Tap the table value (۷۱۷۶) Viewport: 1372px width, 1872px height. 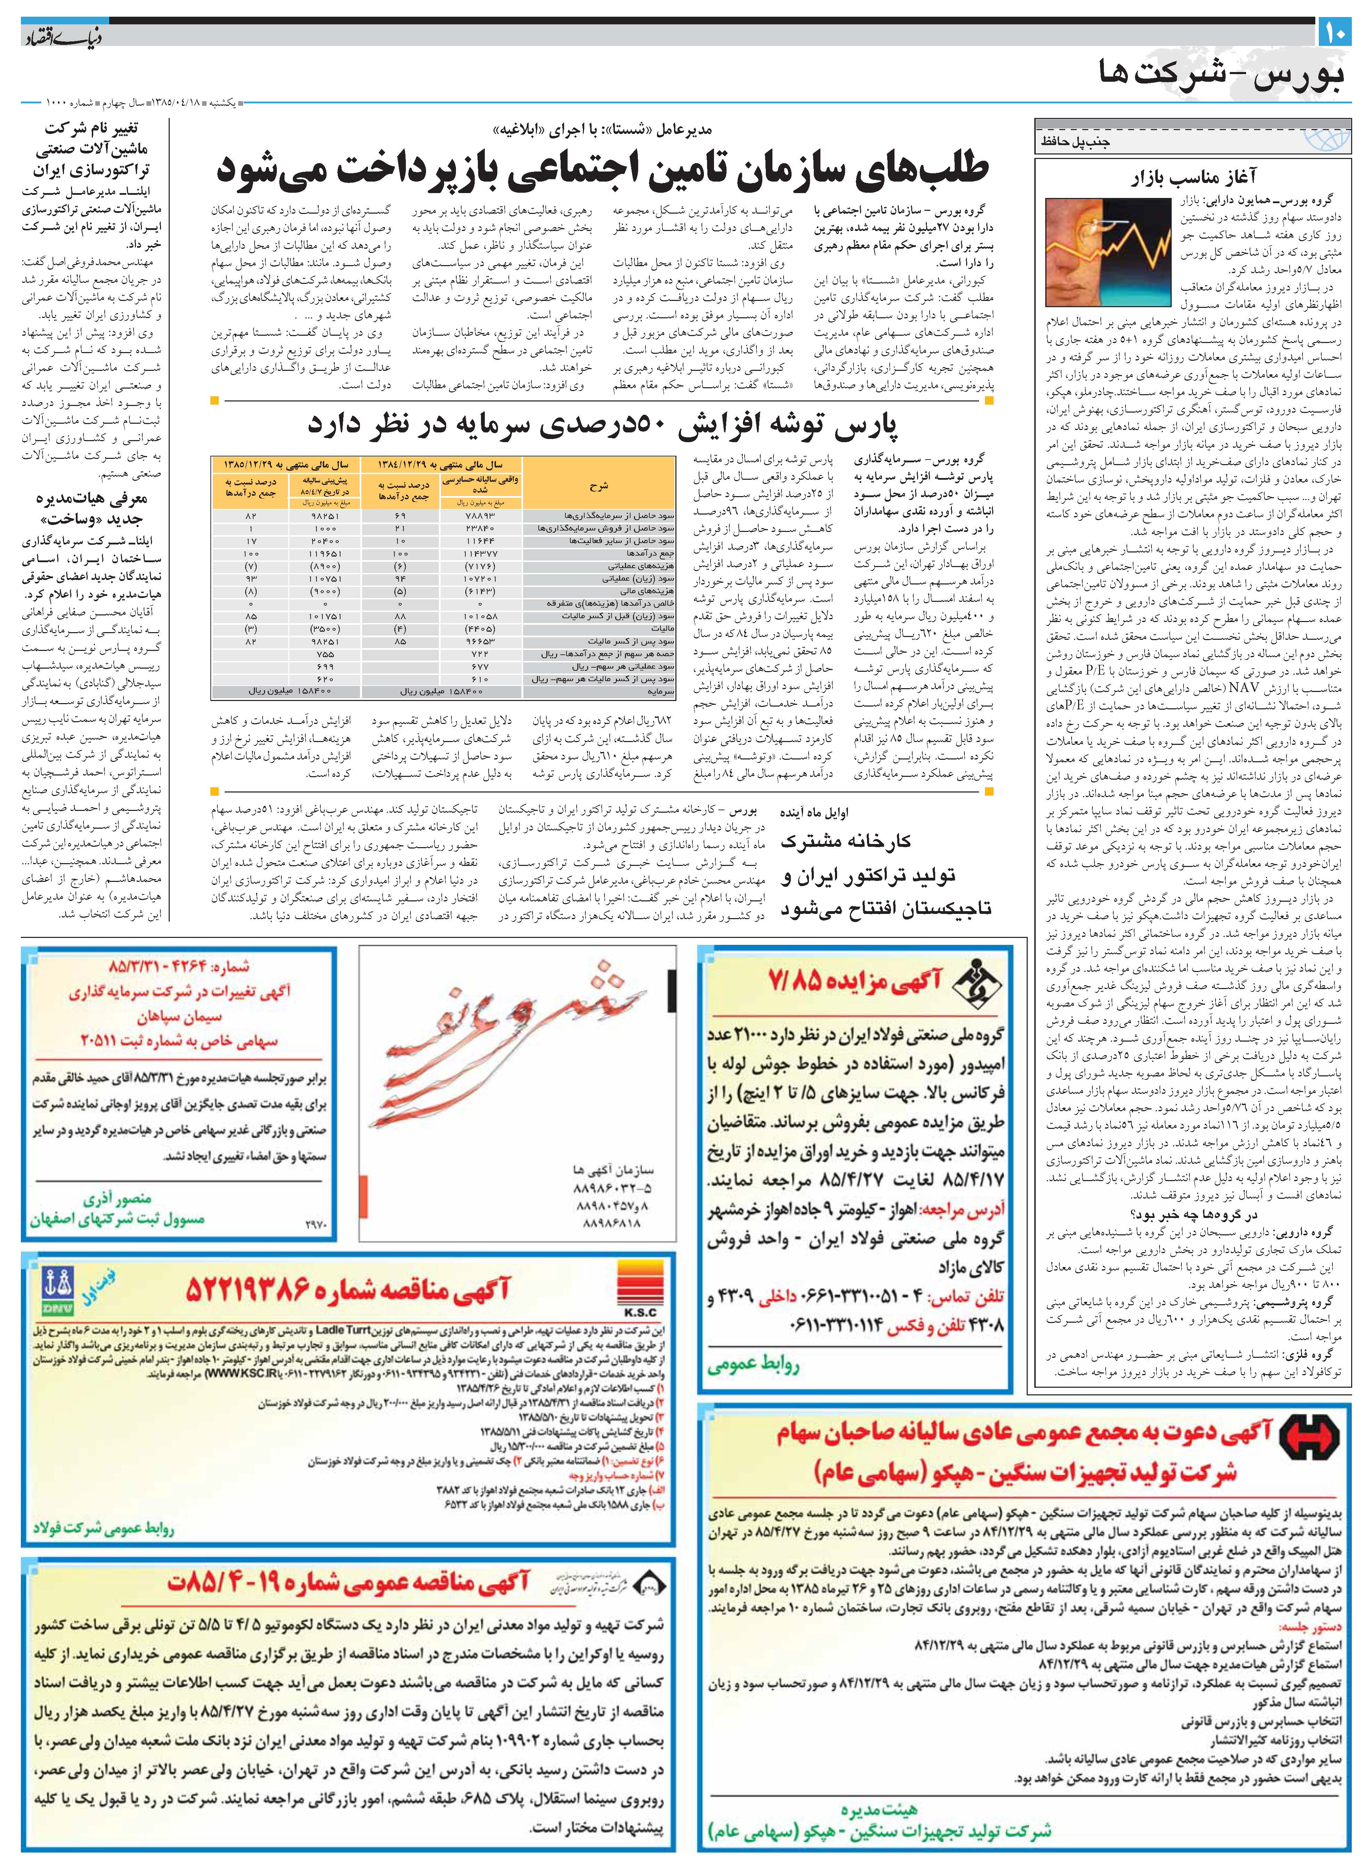coord(480,566)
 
